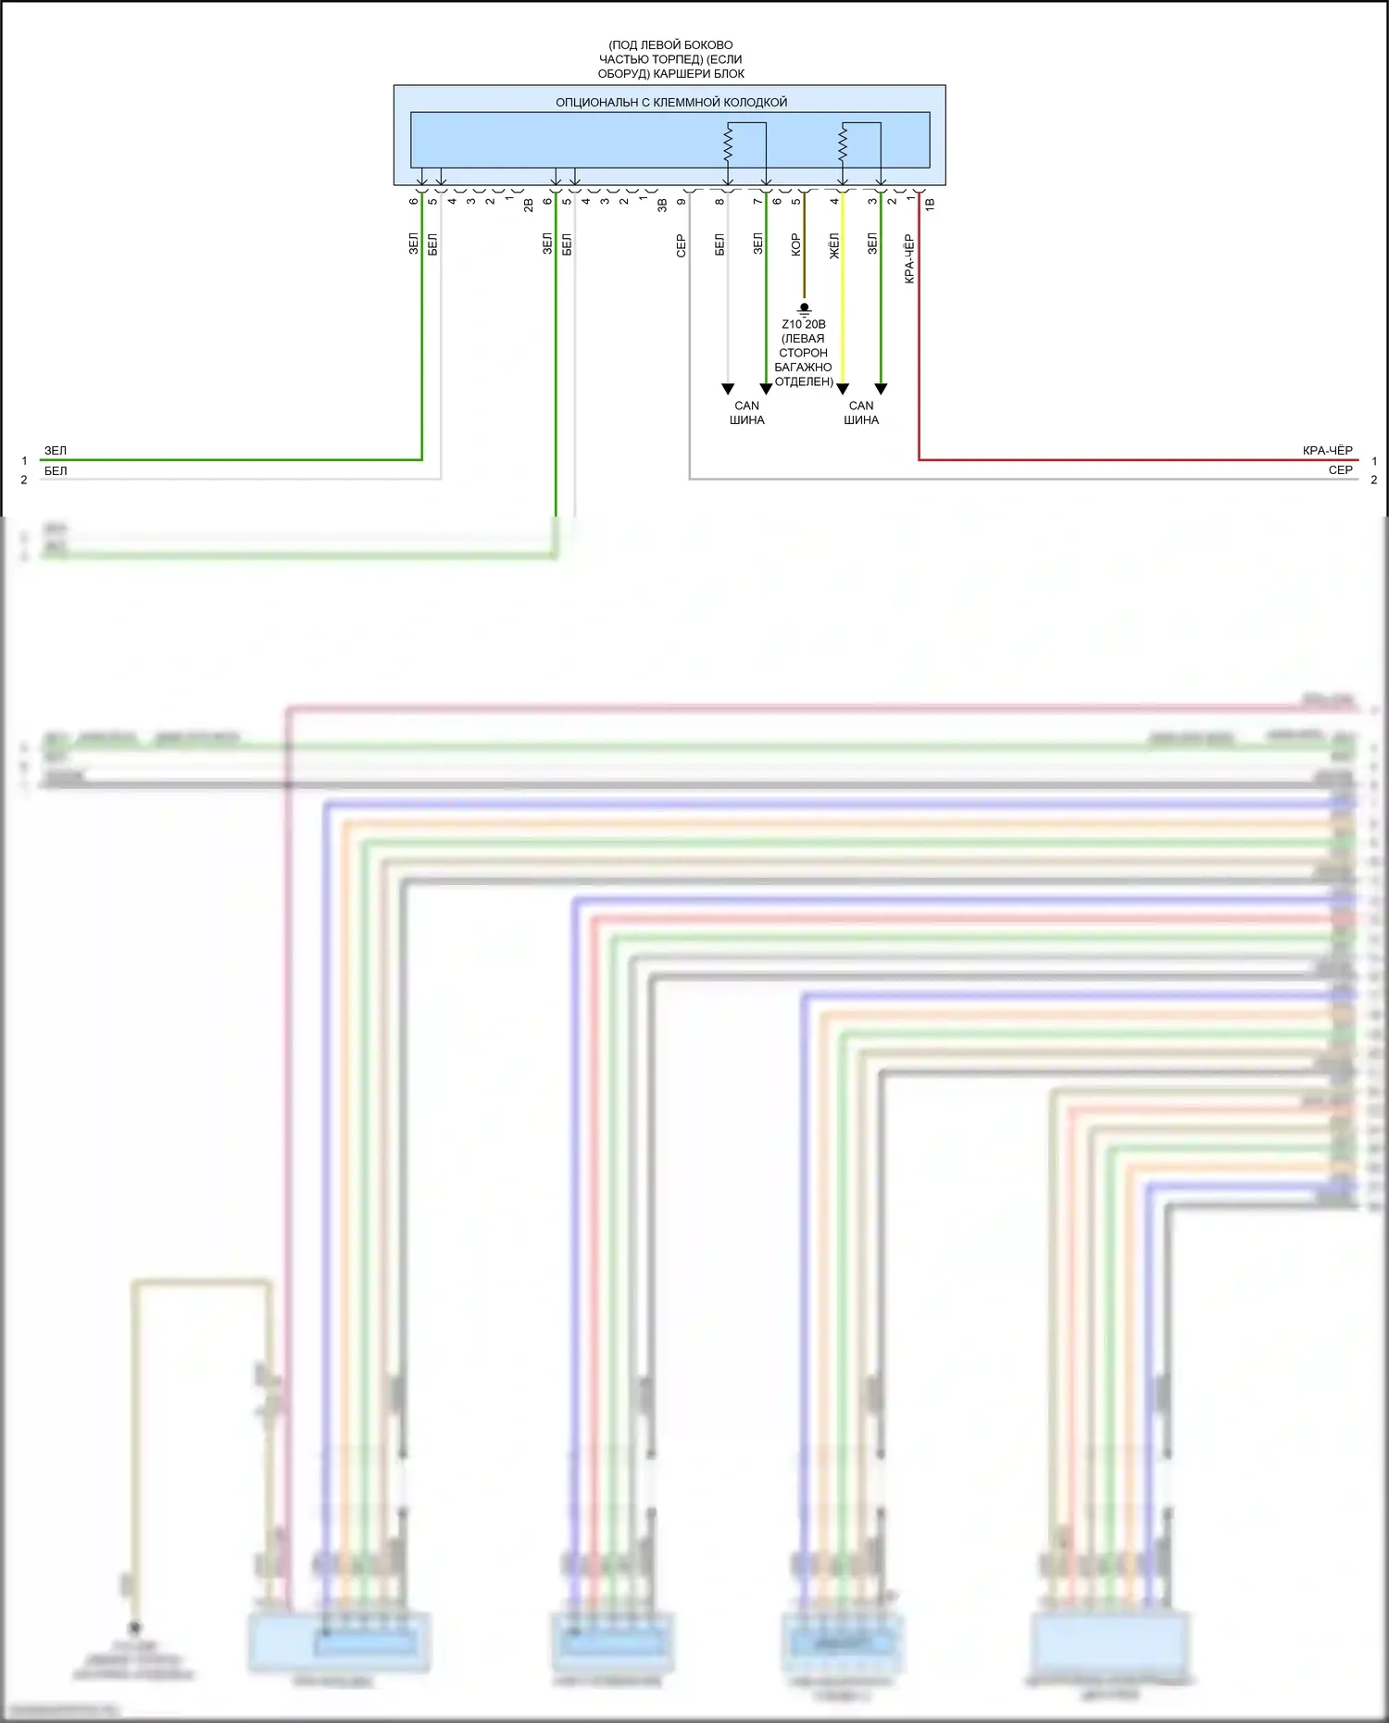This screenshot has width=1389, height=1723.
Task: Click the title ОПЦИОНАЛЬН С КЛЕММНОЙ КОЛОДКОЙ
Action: pos(670,102)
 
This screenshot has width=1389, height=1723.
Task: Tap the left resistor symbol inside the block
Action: pos(728,143)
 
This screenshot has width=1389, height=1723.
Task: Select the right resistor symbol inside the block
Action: pos(843,143)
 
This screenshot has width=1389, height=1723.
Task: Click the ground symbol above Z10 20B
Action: pos(804,309)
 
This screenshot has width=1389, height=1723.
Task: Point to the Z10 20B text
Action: pos(803,324)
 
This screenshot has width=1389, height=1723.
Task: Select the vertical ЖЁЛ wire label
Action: pos(833,245)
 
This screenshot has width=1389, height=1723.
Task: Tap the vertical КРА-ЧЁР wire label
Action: pos(909,258)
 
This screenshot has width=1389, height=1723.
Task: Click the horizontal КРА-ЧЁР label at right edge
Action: pos(1327,451)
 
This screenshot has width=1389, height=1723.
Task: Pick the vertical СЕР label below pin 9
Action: pos(681,244)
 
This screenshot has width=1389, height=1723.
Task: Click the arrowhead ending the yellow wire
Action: pos(843,389)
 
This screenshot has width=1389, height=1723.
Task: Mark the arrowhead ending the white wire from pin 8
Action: pos(728,389)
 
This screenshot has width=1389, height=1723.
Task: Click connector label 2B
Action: pos(529,205)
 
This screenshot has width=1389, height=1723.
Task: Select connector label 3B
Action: pos(662,205)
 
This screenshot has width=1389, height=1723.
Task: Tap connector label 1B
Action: pos(930,203)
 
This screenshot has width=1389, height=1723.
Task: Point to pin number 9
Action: pos(681,201)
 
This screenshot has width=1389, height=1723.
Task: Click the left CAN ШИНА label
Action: pos(746,413)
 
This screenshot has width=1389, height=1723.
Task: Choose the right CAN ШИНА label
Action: pos(861,413)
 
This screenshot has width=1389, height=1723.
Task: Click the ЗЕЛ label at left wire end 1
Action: pos(56,451)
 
